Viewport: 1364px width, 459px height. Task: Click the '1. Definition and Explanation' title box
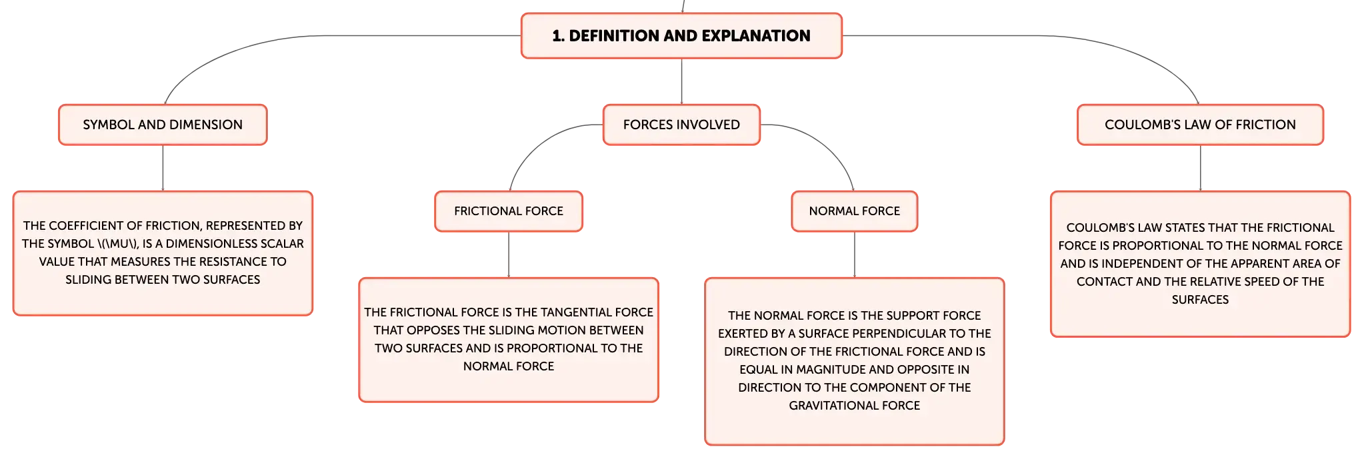[681, 35]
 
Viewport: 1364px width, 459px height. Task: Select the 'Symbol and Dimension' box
[163, 125]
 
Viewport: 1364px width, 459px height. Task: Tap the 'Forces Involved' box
[681, 125]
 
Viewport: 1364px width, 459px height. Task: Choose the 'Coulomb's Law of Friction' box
[1200, 125]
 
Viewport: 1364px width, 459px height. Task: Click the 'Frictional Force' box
[509, 211]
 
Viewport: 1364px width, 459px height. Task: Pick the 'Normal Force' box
[855, 211]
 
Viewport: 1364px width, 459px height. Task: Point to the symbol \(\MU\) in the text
[117, 244]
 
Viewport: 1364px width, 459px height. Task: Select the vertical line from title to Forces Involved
[681, 81]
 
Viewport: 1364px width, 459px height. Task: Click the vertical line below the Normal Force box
[855, 254]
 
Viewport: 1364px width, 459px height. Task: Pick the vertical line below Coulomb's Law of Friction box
[1200, 168]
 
